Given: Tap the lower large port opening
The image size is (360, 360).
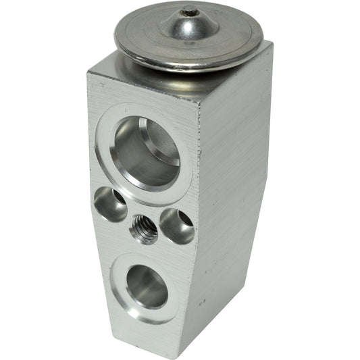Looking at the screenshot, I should pos(147,286).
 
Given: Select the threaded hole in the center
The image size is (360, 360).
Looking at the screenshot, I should pos(143,230).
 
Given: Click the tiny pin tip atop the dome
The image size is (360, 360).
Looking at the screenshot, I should pos(191,11).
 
